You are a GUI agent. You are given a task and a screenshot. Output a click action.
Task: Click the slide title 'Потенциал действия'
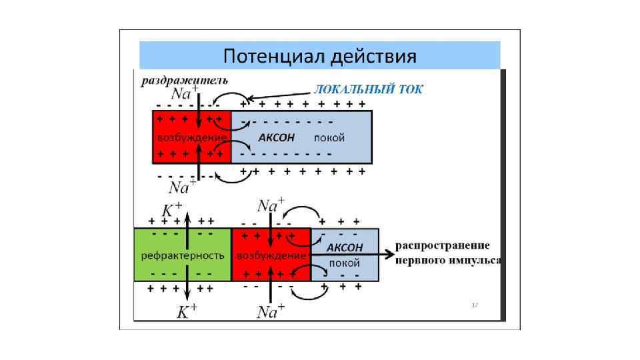point(319,55)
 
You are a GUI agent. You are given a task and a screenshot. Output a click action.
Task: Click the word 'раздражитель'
point(184,81)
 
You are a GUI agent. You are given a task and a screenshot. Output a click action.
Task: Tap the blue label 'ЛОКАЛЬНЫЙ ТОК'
point(368,89)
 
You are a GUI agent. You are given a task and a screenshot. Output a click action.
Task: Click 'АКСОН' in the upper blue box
point(276,138)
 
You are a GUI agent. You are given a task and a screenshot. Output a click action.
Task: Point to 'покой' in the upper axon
point(329,138)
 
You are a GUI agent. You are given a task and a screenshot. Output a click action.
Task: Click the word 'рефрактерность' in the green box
point(182,255)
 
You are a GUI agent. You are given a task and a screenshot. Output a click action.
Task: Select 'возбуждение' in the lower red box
point(271,255)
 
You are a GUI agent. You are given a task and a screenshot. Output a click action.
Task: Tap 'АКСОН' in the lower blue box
point(344,247)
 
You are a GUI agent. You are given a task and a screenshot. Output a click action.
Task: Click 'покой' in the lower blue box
point(344,263)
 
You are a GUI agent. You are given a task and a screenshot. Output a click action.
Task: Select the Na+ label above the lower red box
point(270,205)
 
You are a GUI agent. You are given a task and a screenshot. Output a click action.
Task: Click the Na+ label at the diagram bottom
point(270,311)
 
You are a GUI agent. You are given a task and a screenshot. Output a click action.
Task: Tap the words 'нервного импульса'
point(448,261)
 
